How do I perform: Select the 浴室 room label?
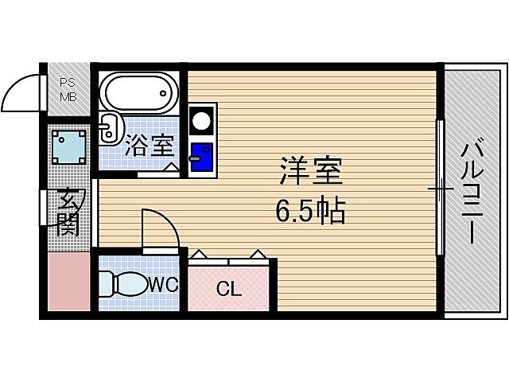[x=150, y=145]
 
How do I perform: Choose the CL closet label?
[x=229, y=289]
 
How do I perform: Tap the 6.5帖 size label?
[x=310, y=211]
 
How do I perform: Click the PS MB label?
[x=68, y=88]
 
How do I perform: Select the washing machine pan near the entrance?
[x=69, y=146]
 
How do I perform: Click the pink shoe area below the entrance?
[x=68, y=283]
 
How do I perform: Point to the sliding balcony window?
[x=440, y=191]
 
